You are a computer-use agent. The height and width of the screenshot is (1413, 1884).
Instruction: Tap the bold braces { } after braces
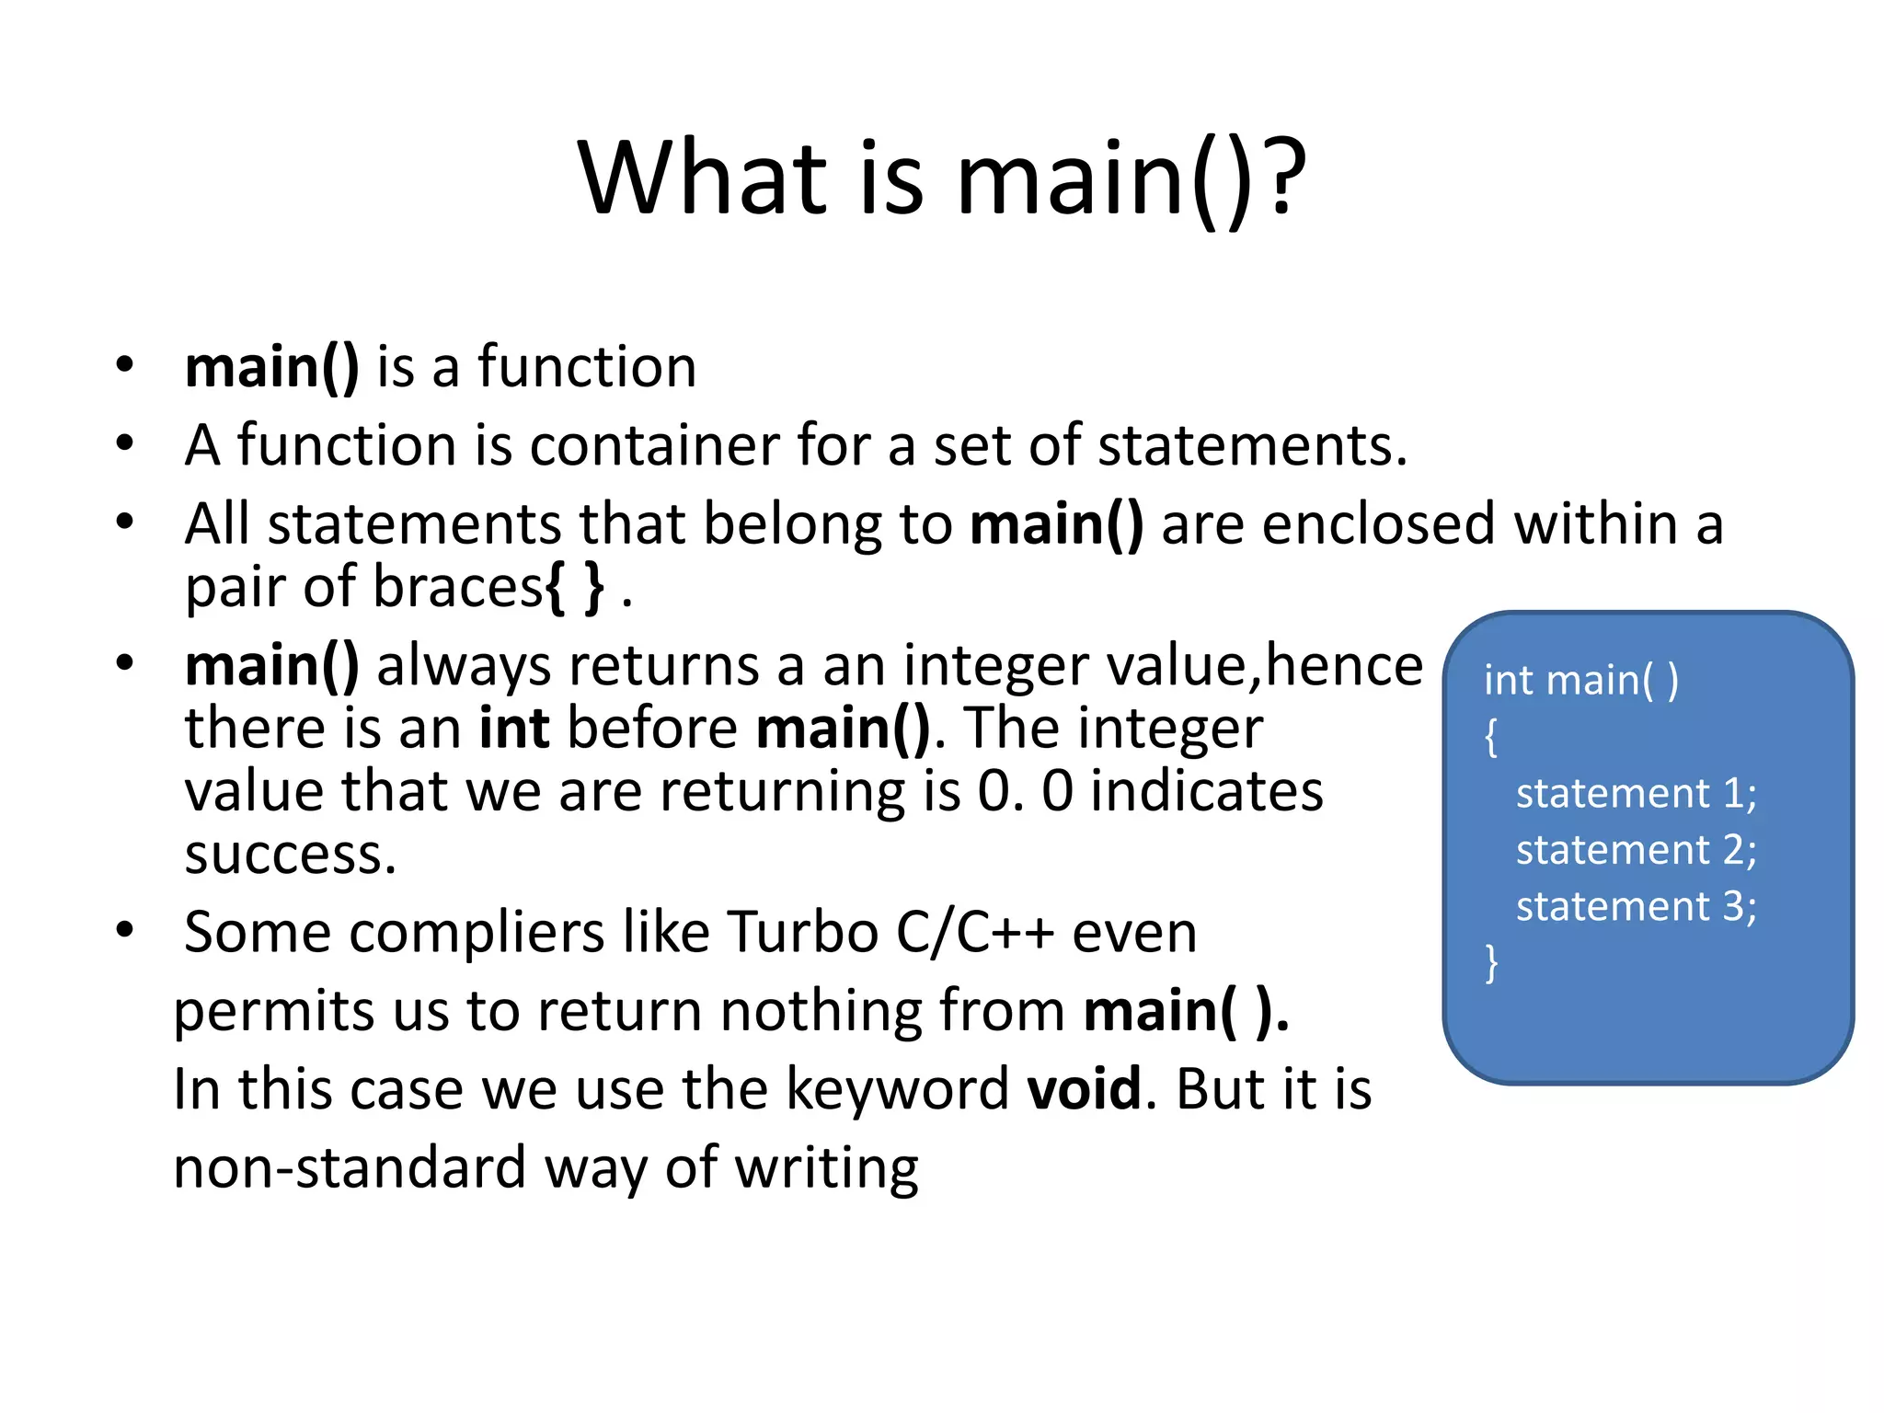tap(576, 589)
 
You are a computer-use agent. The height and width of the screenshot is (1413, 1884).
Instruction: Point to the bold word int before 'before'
tap(514, 729)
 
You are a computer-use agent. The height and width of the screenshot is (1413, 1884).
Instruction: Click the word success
tap(290, 856)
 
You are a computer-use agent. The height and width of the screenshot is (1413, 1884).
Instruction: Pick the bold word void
tap(1084, 1089)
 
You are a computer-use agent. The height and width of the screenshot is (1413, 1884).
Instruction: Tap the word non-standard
tap(350, 1168)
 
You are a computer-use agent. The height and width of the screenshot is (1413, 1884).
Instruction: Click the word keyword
tap(897, 1089)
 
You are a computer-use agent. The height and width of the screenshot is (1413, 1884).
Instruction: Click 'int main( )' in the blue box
tap(1580, 681)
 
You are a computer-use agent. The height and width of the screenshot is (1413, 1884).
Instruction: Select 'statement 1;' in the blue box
tap(1636, 794)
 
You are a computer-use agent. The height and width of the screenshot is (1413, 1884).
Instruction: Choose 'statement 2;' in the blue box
tap(1636, 850)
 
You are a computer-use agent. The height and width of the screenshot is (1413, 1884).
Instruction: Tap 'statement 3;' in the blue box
tap(1636, 907)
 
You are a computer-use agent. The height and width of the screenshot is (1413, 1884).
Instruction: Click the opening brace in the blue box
tap(1491, 737)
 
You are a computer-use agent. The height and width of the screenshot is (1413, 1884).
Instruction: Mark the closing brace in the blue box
tap(1491, 963)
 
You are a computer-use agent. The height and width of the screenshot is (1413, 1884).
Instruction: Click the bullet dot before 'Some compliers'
tap(125, 930)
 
